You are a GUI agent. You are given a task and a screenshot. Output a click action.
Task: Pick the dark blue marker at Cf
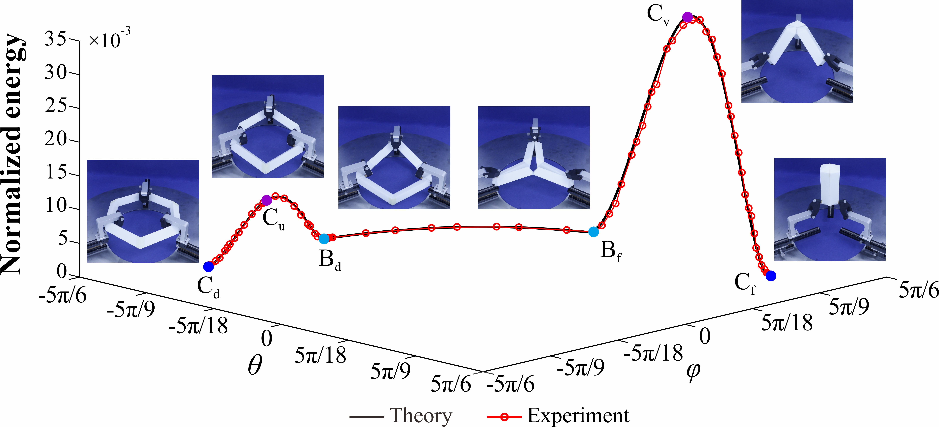click(771, 276)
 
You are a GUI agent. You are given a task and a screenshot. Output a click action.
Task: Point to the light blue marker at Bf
click(593, 231)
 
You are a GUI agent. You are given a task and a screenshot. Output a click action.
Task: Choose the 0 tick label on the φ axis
click(705, 336)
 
